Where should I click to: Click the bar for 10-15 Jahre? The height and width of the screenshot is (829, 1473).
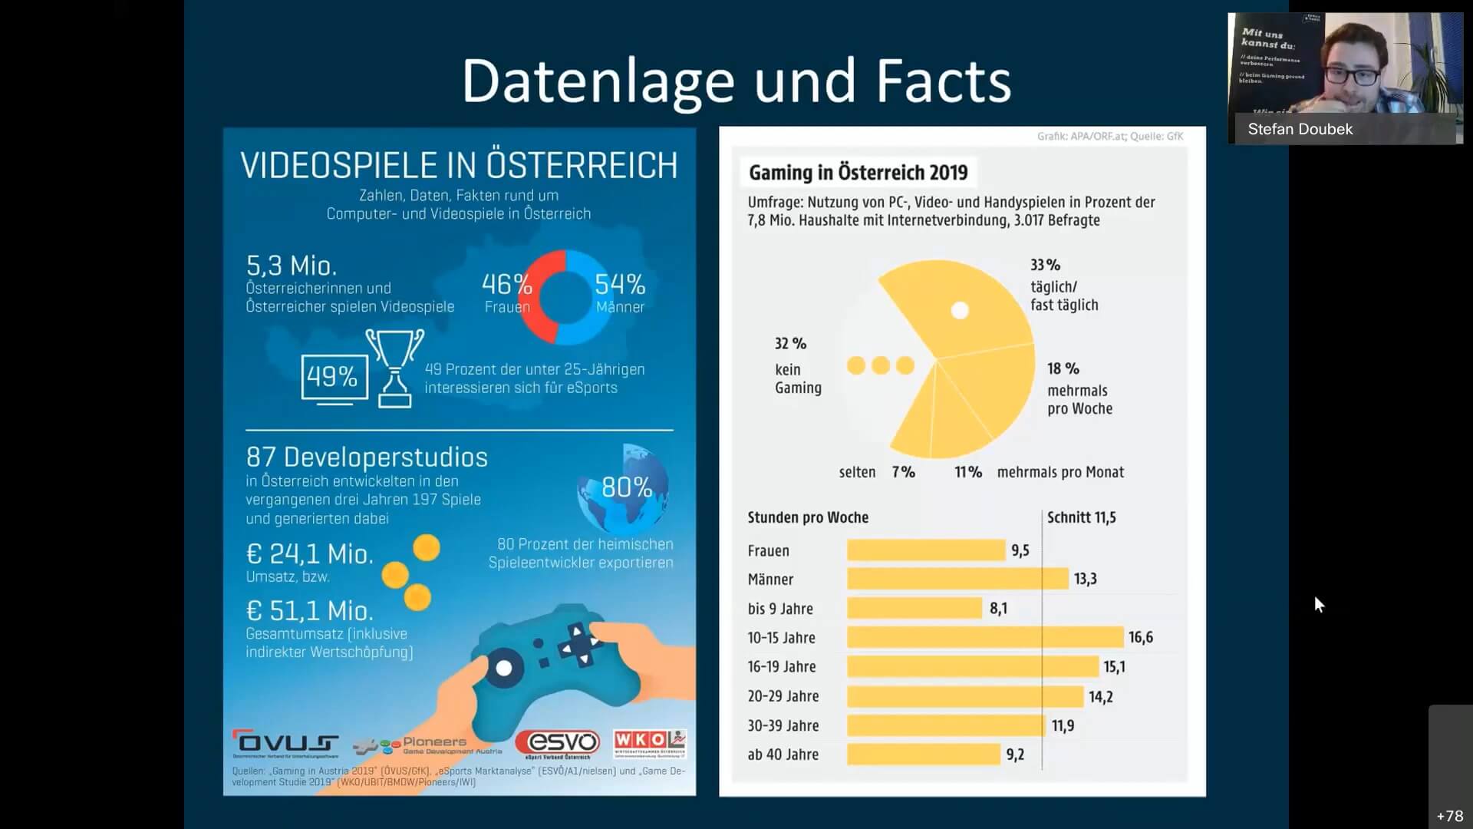tap(985, 637)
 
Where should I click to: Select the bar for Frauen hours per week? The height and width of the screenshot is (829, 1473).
tap(926, 550)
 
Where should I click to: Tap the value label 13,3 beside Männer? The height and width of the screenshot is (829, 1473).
tap(1085, 579)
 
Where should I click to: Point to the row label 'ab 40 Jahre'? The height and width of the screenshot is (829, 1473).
tap(783, 755)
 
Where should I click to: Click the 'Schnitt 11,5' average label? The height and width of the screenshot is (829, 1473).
tap(1081, 517)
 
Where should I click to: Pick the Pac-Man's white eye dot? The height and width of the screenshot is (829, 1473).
tap(960, 310)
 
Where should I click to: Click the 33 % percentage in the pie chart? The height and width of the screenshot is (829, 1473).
tap(1045, 265)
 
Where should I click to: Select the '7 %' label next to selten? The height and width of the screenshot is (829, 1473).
tap(903, 472)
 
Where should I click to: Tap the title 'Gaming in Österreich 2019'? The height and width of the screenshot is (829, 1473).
tap(858, 173)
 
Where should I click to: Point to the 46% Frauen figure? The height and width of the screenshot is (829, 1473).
tap(506, 285)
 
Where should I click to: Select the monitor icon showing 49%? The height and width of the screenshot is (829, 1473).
tap(333, 378)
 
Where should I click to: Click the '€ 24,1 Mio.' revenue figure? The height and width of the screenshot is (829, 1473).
tap(309, 554)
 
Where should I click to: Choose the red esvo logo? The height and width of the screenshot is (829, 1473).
tap(557, 742)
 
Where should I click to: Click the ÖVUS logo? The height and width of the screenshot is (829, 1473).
tap(285, 742)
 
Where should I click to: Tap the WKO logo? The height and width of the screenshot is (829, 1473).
tap(649, 742)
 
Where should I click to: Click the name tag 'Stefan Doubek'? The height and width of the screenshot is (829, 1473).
tap(1300, 129)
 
